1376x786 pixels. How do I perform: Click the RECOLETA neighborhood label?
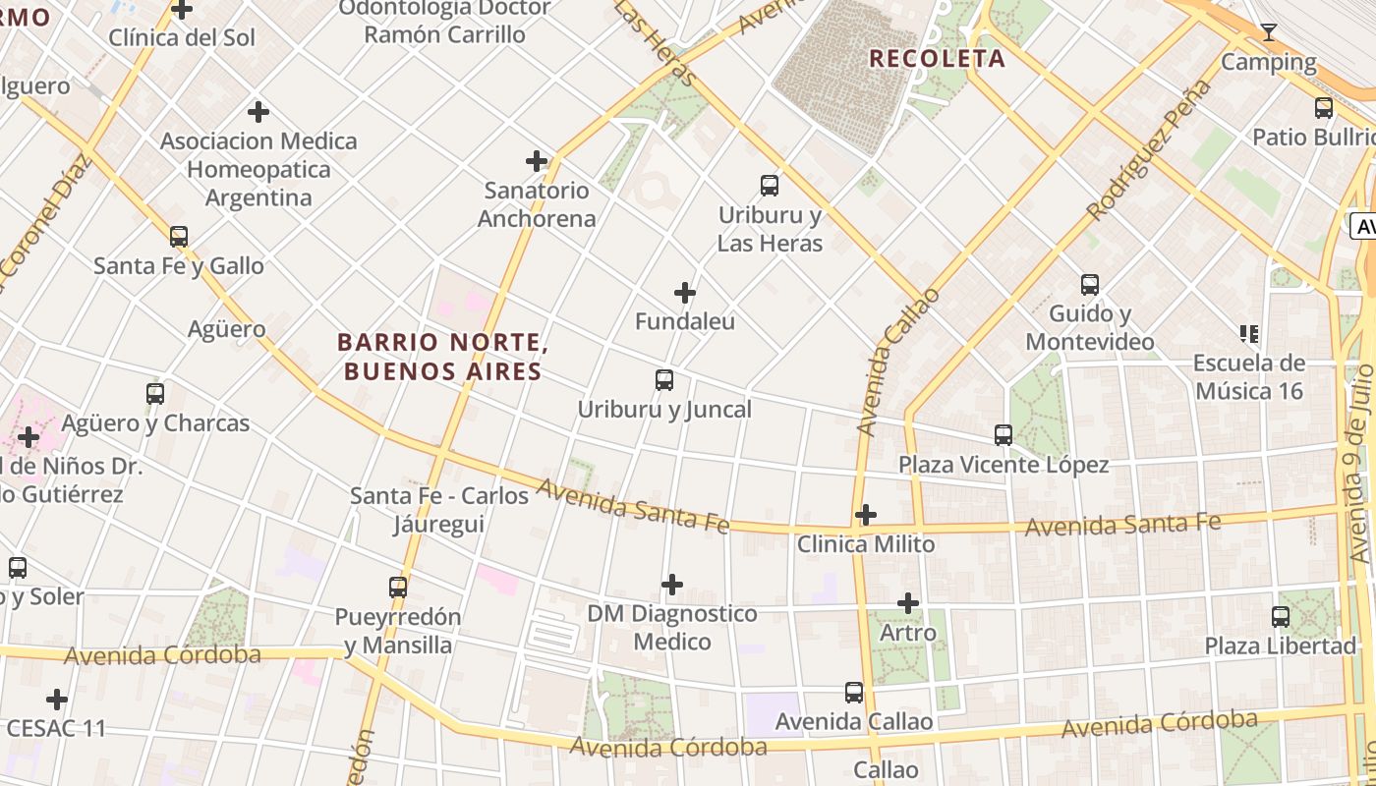937,59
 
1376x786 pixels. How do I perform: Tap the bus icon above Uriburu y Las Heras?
770,185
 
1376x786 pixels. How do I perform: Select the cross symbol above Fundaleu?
685,293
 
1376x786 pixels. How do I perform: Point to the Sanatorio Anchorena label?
537,204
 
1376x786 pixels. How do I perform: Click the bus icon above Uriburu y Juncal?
664,380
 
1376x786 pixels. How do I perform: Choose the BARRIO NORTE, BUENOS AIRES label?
442,357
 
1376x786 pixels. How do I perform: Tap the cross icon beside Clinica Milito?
865,515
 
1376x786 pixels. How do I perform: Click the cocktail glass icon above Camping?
1269,32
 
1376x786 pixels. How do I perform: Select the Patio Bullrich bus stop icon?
1324,108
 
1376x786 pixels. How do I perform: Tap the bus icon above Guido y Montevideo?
1090,285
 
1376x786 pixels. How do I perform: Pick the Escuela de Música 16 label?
1249,377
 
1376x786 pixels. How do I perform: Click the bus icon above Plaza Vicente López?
1003,435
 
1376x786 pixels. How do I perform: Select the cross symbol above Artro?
908,603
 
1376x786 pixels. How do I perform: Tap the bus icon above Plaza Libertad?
1281,617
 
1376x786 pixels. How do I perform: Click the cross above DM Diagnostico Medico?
672,586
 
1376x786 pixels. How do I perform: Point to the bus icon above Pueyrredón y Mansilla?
398,588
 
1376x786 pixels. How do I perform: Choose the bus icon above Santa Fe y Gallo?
179,237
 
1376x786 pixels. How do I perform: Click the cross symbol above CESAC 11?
57,700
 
